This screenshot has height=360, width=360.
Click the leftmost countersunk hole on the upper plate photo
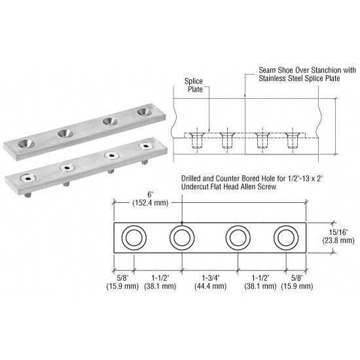pos(27,141)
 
